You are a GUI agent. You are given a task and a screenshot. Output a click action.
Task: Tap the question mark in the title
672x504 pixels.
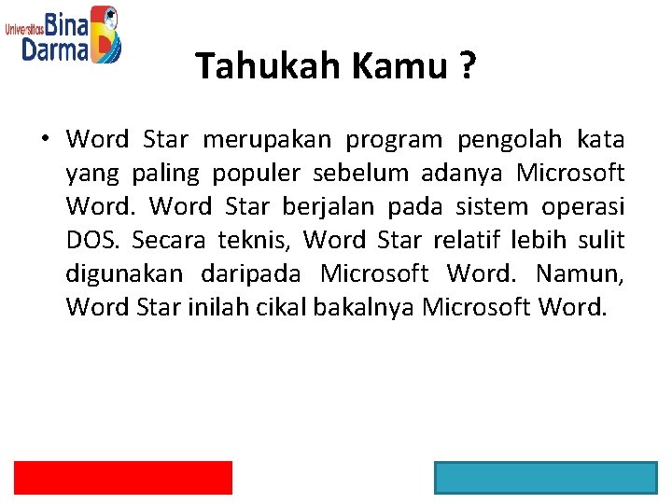(x=466, y=66)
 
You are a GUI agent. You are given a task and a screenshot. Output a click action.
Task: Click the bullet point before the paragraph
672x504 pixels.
(x=44, y=141)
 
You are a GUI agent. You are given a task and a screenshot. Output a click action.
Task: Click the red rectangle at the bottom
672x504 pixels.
(x=122, y=477)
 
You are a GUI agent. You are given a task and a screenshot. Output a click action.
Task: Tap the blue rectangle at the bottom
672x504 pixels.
(x=545, y=477)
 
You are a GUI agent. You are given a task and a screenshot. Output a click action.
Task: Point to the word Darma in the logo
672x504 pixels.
(x=55, y=49)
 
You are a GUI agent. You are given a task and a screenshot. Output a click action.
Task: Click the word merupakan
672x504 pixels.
(x=266, y=140)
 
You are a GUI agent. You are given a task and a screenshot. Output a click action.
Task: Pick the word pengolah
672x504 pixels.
(x=510, y=140)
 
